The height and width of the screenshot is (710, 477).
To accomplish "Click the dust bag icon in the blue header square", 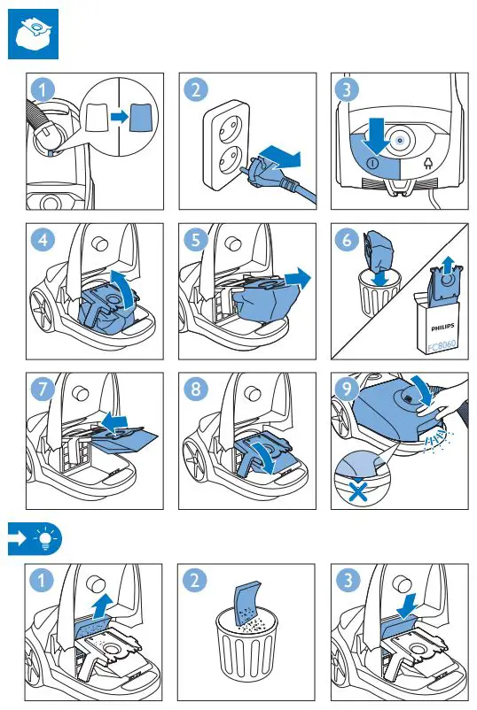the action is click(33, 34).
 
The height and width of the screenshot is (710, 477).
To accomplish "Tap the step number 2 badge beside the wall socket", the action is click(195, 89).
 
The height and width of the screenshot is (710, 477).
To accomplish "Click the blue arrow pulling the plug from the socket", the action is click(279, 157).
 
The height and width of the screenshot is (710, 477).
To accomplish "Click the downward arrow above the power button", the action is click(376, 135).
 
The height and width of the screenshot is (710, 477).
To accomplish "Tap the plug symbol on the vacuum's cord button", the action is click(427, 163).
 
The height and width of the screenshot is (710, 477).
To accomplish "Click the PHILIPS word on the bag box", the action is click(442, 327).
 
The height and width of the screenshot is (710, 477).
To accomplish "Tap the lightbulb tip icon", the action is click(45, 539).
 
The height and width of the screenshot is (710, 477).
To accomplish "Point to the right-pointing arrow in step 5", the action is click(298, 278).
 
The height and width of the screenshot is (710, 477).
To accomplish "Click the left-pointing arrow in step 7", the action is click(114, 421).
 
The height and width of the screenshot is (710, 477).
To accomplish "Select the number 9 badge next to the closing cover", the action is click(347, 389).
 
